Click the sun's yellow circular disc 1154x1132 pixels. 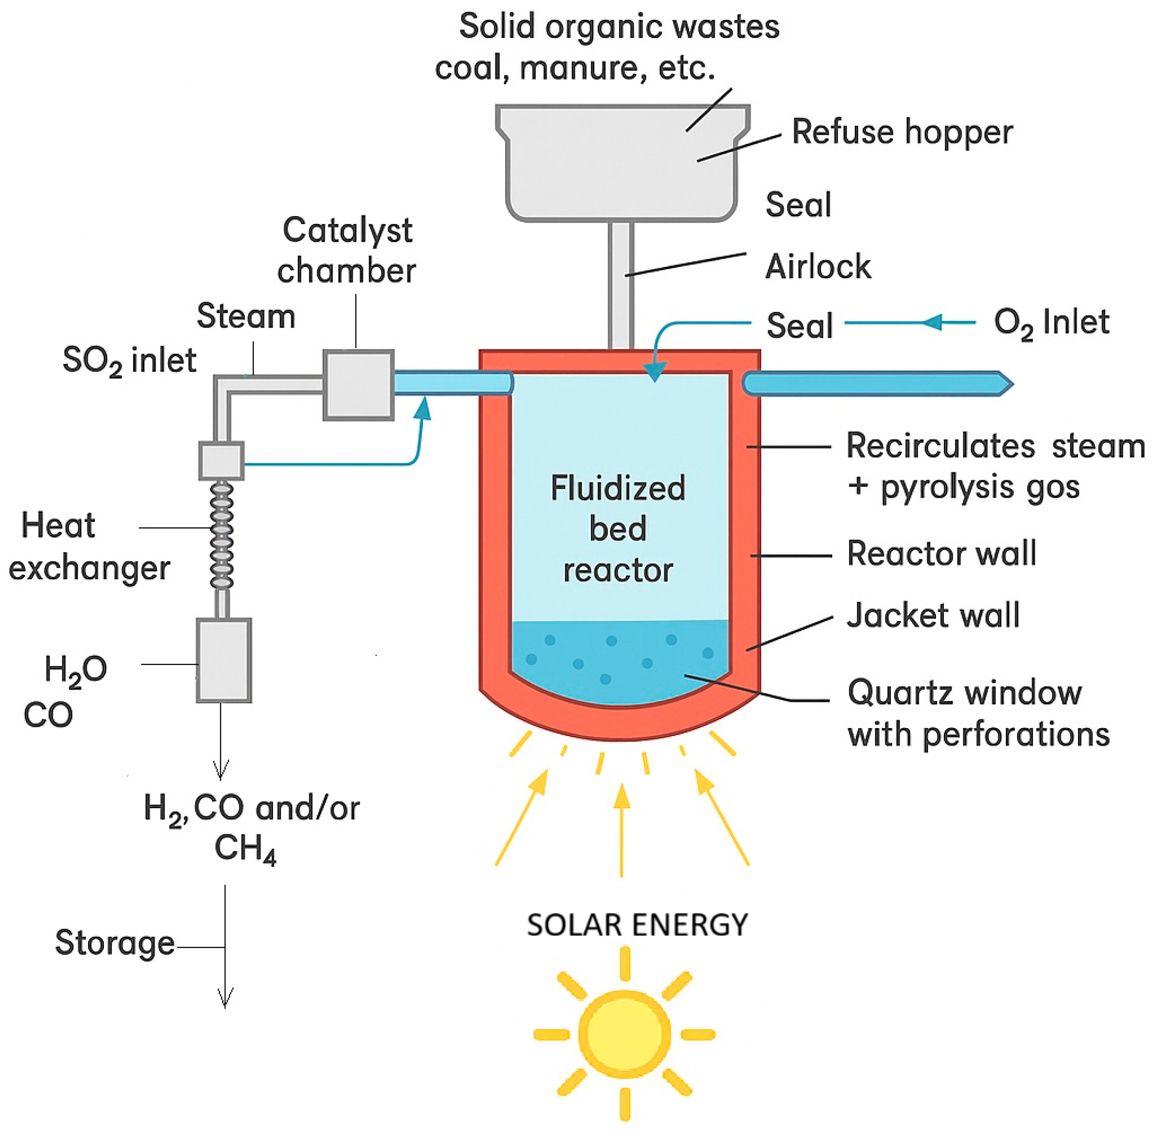624,1034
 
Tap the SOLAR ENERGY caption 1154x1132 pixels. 637,925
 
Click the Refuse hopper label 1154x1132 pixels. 901,132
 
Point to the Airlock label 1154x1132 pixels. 818,266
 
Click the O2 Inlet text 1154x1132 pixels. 1051,323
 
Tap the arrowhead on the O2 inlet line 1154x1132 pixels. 934,322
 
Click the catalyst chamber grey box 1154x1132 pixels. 359,385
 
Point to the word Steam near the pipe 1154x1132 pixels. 246,316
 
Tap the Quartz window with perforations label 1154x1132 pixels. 977,714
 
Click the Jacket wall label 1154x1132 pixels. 933,615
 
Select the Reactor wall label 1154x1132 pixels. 941,553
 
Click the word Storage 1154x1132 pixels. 115,943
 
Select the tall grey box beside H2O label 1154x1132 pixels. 224,661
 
